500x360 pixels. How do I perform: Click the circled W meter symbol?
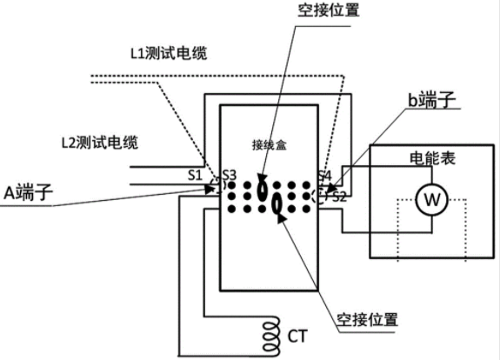[432, 200]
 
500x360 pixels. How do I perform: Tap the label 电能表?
[432, 158]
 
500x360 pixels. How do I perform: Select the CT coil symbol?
[271, 336]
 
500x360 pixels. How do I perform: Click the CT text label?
[298, 337]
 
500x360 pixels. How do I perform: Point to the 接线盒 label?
[270, 145]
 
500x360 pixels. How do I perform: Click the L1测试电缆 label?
[169, 53]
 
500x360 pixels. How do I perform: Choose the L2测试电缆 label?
[100, 143]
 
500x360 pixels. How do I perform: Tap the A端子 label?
[28, 192]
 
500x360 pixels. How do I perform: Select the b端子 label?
[432, 100]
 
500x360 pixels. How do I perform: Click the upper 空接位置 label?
[329, 10]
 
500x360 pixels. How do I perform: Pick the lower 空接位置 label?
[367, 319]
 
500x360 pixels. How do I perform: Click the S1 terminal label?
[195, 175]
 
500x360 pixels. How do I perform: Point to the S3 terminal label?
[230, 176]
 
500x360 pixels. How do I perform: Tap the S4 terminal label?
[324, 176]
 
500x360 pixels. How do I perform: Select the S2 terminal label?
[339, 197]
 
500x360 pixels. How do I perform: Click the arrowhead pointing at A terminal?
[210, 189]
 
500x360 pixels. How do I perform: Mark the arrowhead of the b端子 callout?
[330, 188]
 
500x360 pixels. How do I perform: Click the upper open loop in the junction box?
[262, 190]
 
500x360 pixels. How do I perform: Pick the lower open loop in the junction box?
[277, 204]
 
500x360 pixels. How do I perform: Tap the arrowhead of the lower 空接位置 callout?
[281, 217]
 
